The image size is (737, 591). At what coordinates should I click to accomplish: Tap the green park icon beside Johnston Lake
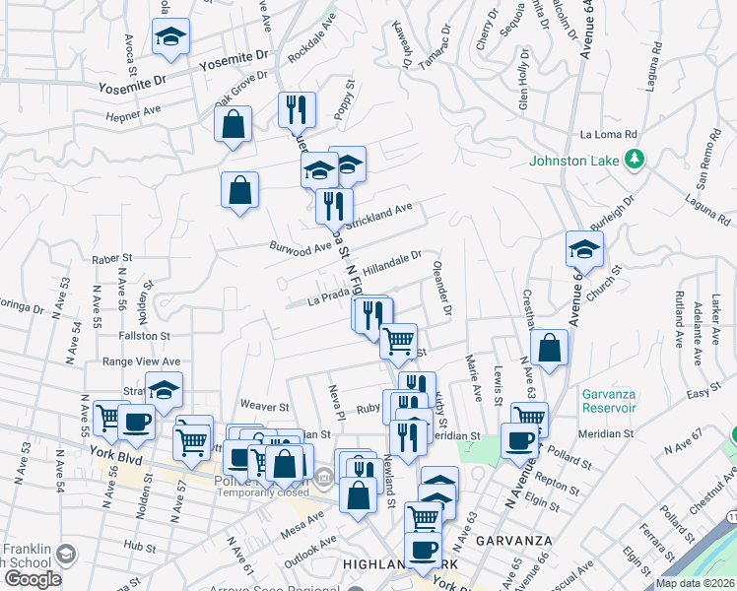pos(636,158)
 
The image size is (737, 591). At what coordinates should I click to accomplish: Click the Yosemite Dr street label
pos(233,62)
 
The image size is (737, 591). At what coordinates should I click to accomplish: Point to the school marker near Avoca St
pos(170,37)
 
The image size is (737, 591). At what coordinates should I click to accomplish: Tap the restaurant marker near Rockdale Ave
pos(297,110)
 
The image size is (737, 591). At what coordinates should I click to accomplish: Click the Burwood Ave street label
pos(301,246)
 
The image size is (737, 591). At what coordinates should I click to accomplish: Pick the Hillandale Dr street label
pos(392,262)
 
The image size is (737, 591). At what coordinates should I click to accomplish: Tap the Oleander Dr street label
pos(440,288)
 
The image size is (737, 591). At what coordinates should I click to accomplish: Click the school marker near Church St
pos(584,249)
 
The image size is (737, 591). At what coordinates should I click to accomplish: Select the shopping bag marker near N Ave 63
pos(549,348)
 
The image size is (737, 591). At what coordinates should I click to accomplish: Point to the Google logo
pos(33,578)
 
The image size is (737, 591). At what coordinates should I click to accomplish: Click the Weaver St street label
pos(264,405)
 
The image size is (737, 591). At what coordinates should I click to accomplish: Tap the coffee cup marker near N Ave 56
pos(136,423)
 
